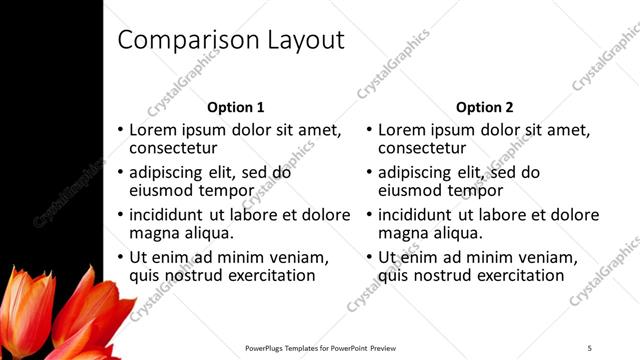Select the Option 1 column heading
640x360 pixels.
point(236,107)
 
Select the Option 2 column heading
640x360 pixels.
point(485,107)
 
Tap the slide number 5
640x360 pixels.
point(589,348)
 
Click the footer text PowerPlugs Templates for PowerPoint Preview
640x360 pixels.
point(320,348)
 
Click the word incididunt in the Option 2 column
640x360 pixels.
point(418,214)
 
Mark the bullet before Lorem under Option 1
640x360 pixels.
point(121,130)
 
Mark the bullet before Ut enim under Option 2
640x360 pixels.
point(370,257)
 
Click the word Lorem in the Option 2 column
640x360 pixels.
point(402,130)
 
